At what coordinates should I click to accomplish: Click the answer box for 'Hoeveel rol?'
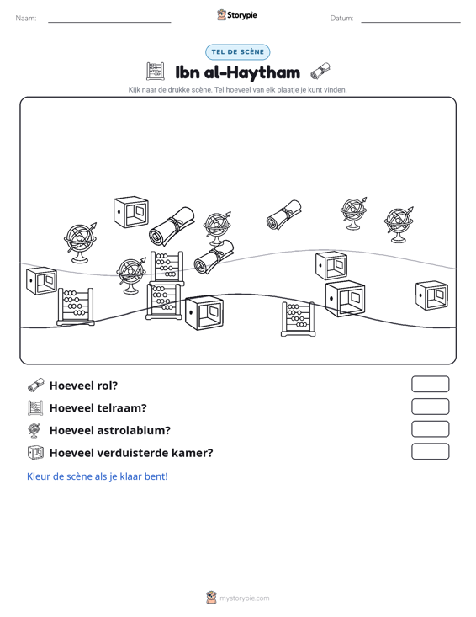[x=430, y=384]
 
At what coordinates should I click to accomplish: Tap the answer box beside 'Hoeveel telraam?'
[x=430, y=407]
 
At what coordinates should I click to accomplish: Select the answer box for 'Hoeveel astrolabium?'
[x=430, y=429]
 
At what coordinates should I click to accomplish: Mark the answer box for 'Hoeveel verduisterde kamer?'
[x=430, y=451]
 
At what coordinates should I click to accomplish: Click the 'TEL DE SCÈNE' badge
[x=237, y=52]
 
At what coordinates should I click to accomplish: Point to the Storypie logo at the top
[x=237, y=15]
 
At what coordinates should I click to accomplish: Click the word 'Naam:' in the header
[x=26, y=19]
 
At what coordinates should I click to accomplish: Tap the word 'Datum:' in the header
[x=341, y=19]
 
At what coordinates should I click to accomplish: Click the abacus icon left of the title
[x=156, y=72]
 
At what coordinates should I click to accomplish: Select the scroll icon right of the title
[x=320, y=72]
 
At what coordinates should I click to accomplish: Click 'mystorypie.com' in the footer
[x=244, y=598]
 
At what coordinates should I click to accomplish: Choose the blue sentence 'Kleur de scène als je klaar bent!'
[x=97, y=476]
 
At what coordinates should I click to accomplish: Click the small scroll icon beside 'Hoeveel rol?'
[x=36, y=386]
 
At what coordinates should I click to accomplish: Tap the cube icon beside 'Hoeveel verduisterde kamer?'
[x=35, y=453]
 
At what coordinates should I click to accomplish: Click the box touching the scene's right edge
[x=431, y=295]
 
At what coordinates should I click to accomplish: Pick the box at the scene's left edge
[x=41, y=280]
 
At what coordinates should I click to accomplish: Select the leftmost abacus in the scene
[x=76, y=307]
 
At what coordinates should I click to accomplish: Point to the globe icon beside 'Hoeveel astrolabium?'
[x=34, y=430]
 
